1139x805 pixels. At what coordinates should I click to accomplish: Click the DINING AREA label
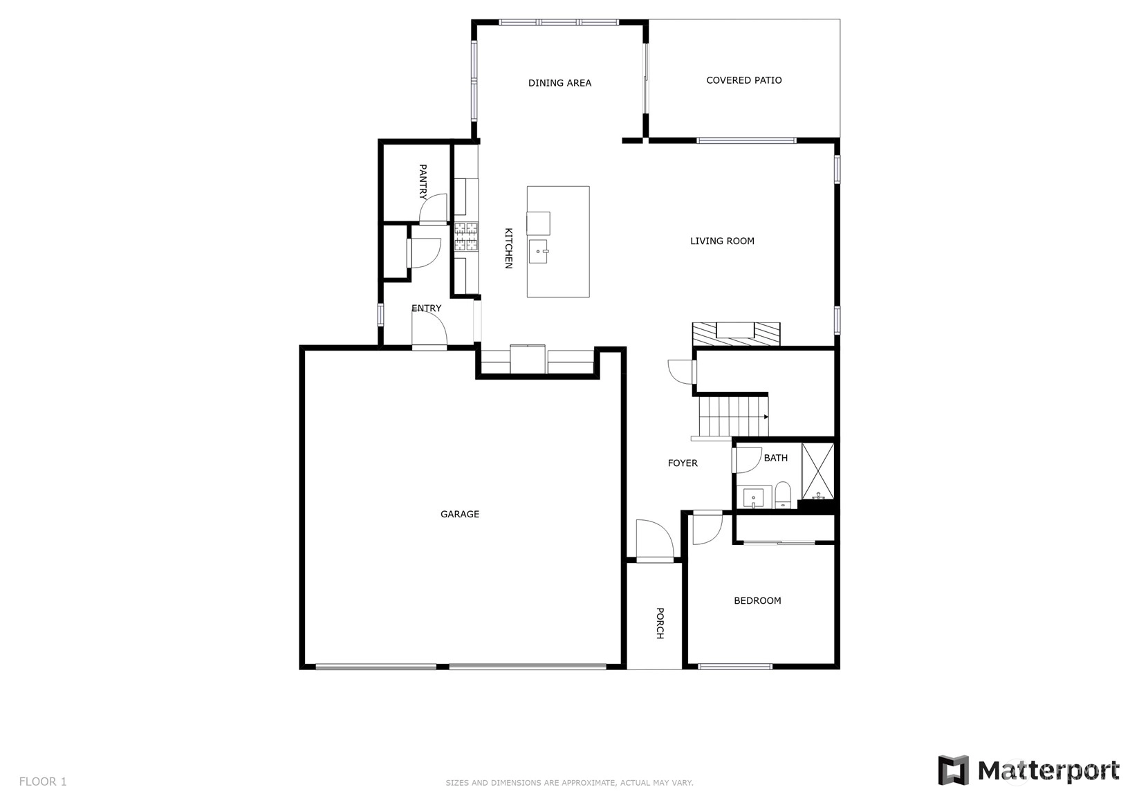(559, 83)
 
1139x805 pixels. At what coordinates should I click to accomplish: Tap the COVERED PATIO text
(744, 80)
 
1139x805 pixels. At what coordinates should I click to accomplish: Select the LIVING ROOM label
(722, 241)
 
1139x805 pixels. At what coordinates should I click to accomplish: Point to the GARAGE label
(460, 514)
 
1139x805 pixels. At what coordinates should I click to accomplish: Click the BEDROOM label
(757, 600)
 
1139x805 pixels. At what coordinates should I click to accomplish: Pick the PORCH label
(660, 623)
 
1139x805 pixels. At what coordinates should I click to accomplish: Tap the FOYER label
(683, 463)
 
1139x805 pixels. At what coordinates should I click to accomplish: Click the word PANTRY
(423, 182)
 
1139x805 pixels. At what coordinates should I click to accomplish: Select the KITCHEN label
(508, 248)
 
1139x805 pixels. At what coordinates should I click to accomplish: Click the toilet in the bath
(783, 494)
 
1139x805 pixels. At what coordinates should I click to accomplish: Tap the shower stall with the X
(817, 471)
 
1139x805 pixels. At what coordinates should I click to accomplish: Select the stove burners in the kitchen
(466, 237)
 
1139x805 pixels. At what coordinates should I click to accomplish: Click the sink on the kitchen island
(538, 251)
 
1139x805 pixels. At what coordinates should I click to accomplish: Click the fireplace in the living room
(736, 333)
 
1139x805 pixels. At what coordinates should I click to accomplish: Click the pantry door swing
(433, 208)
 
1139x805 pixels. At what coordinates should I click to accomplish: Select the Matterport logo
(1028, 770)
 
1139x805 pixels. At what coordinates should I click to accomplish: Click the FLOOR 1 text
(43, 781)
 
